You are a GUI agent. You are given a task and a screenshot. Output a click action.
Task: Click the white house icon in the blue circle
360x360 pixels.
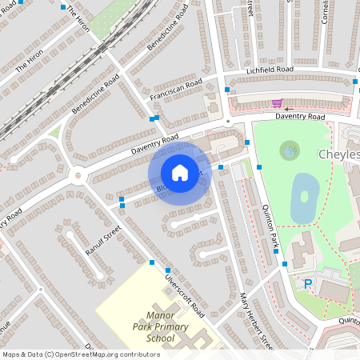180,173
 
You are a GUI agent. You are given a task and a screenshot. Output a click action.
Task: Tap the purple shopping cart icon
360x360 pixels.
276,103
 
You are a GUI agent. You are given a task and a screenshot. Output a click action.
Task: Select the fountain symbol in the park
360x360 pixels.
289,149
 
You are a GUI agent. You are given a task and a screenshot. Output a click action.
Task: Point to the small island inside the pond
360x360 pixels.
304,196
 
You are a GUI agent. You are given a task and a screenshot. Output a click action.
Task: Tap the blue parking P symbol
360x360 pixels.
307,283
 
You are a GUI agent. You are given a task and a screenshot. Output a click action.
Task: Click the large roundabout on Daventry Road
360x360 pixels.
78,175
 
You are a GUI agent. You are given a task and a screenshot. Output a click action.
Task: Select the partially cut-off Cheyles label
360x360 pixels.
338,154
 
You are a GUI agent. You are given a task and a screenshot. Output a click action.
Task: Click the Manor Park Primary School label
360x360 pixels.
154,326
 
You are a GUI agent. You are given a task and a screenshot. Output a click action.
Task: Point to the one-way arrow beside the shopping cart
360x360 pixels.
290,108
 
